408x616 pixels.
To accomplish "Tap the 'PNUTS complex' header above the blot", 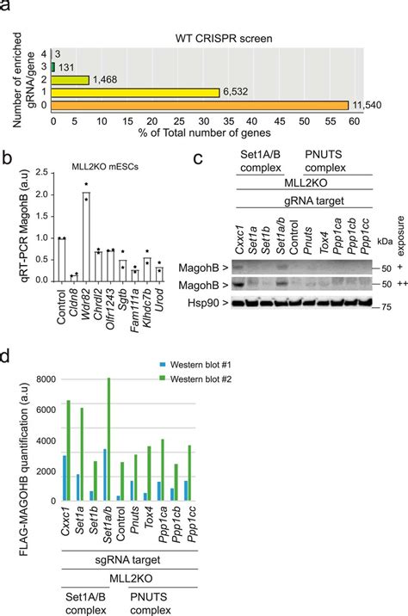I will [x=331, y=163].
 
